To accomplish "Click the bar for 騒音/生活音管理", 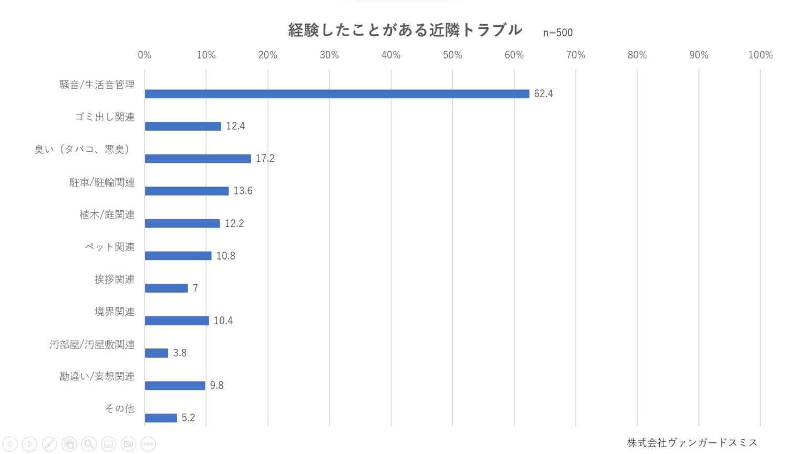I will (x=337, y=94).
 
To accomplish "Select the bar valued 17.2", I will (x=198, y=159).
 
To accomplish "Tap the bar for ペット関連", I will (x=178, y=256).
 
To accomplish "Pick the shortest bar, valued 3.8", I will (x=157, y=353).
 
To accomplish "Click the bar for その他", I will (x=161, y=418).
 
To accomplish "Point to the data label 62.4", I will (x=543, y=94).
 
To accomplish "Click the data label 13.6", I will (x=243, y=191).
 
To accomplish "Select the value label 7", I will (x=195, y=288).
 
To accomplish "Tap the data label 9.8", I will (x=216, y=385).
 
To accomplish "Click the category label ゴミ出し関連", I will (x=105, y=117).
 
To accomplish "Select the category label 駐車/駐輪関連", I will (x=102, y=182).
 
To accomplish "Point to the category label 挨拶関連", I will (x=115, y=279).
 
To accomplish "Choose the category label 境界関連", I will (x=115, y=312).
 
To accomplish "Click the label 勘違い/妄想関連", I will (x=97, y=376).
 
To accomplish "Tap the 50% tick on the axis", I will (x=452, y=55).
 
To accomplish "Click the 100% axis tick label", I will (x=760, y=55).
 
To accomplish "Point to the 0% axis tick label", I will (x=144, y=55).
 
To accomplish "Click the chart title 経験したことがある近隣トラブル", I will (x=405, y=30).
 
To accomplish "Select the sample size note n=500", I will (x=557, y=33).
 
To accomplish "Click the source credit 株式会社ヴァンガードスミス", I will (x=692, y=442).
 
